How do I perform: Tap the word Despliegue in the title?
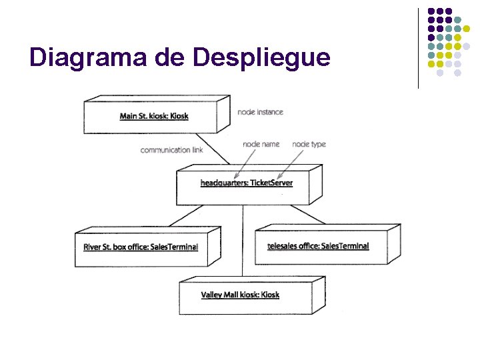[261, 58]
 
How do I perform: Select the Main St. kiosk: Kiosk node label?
[154, 116]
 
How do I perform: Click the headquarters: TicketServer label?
[247, 183]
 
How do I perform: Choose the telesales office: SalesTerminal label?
[318, 246]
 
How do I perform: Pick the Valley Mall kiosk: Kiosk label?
[240, 295]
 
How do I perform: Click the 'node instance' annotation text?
[261, 112]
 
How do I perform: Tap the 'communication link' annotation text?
[171, 150]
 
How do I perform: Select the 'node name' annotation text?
[261, 144]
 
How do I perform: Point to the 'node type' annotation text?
[309, 144]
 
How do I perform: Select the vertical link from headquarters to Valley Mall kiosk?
[243, 240]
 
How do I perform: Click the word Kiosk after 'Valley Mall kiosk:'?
[270, 295]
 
